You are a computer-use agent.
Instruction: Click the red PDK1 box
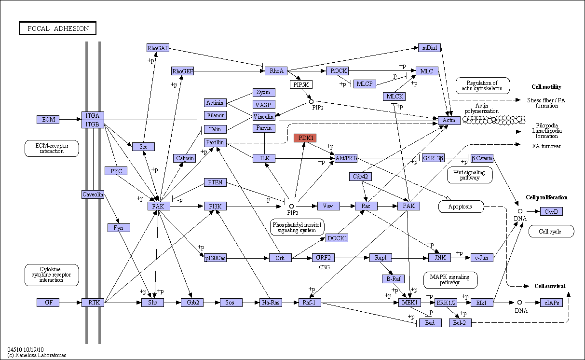pos(305,138)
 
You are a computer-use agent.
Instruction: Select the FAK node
pos(159,206)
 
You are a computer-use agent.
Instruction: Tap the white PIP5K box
pos(301,84)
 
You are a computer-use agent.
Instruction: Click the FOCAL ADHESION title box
pos(57,28)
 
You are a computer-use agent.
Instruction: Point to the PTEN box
pos(215,182)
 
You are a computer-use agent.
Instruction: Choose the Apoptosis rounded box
pos(461,207)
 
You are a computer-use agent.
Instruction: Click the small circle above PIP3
pos(291,207)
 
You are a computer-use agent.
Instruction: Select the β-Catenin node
pos(482,158)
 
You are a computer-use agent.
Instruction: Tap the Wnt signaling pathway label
pos(470,175)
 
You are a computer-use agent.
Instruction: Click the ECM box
pos(48,119)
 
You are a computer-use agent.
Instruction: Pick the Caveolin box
pos(93,194)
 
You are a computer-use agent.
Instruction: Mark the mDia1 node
pos(429,48)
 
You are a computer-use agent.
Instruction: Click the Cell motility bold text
pos(546,87)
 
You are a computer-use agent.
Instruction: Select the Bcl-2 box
pos(460,323)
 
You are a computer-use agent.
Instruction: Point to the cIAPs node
pos(552,303)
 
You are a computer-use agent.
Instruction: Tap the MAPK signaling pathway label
pos(450,280)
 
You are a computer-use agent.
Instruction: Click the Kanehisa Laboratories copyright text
pos(37,355)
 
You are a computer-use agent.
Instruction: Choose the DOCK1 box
pos(337,238)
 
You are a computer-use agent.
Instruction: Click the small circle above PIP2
pos(311,101)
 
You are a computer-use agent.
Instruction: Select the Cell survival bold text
pos(550,286)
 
